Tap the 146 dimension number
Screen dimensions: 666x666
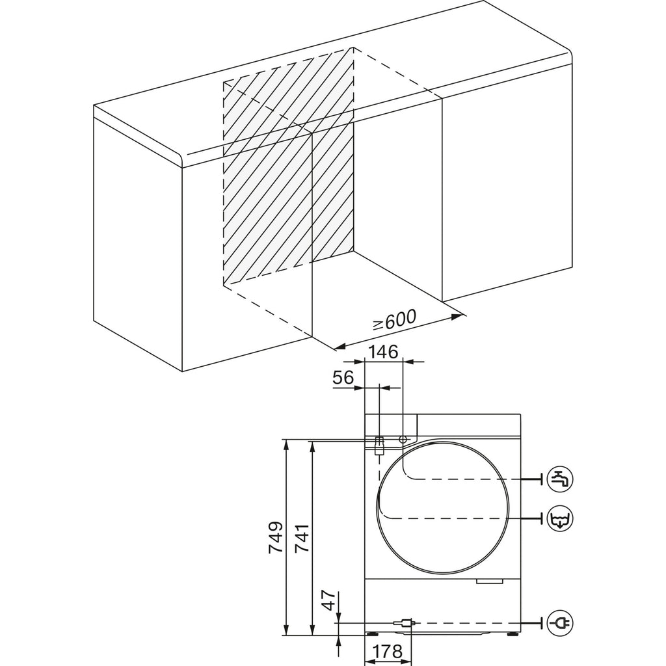tap(383, 352)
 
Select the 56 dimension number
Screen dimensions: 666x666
tap(343, 377)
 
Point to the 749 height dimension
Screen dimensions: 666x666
tap(276, 537)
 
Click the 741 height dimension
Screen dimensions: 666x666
tap(302, 537)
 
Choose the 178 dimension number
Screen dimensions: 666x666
tap(388, 650)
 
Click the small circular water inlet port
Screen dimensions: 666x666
tap(403, 439)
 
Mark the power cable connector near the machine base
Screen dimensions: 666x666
tap(406, 623)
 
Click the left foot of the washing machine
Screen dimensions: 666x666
tap(373, 634)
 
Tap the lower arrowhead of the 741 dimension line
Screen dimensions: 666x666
tap(313, 630)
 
